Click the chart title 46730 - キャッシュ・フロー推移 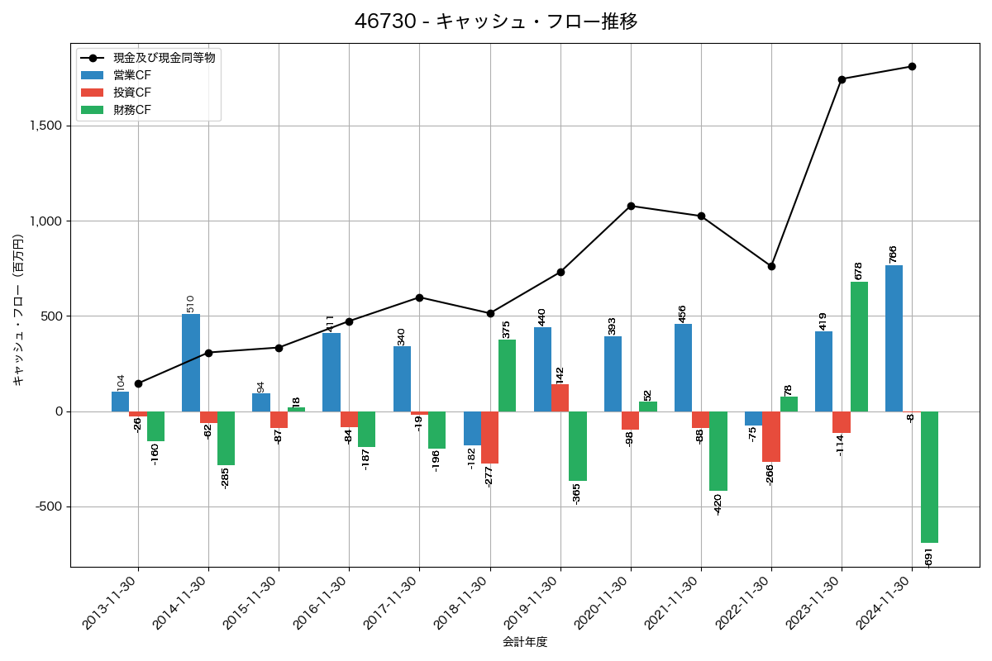click(496, 21)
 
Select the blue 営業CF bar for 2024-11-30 click(894, 338)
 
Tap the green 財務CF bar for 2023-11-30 click(859, 346)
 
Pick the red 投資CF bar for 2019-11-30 click(560, 397)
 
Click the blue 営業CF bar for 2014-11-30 click(191, 363)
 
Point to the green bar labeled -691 click(929, 477)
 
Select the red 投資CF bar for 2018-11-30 click(490, 437)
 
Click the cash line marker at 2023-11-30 click(842, 79)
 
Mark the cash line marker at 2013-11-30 click(138, 383)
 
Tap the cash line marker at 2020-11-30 click(631, 206)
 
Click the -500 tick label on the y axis click(49, 506)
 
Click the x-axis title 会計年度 click(525, 642)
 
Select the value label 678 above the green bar click(859, 270)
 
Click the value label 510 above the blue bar click(190, 302)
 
